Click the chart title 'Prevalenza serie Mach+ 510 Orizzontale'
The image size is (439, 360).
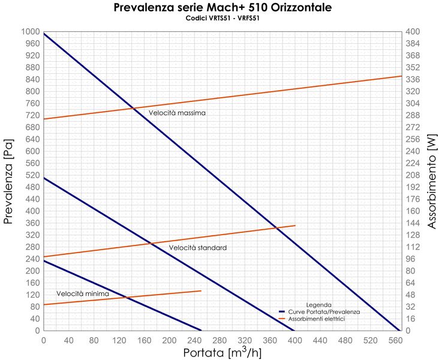click(222, 8)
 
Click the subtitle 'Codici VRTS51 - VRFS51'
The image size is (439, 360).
click(222, 18)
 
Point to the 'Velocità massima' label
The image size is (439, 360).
click(178, 113)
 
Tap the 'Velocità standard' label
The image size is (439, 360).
click(197, 248)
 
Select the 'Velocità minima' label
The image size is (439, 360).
click(83, 294)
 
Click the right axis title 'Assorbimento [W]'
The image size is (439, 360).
click(432, 181)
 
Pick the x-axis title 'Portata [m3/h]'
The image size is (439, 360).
click(222, 352)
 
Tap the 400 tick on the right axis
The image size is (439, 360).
click(414, 31)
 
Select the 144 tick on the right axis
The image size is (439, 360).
click(414, 223)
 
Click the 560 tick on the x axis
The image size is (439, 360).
click(395, 340)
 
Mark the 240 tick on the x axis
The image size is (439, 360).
click(194, 340)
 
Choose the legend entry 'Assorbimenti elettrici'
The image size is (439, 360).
click(317, 319)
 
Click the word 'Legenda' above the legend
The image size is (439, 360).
click(318, 305)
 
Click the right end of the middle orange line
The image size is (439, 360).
click(295, 226)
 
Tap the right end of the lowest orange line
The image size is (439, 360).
click(201, 290)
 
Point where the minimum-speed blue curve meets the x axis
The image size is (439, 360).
click(202, 331)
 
